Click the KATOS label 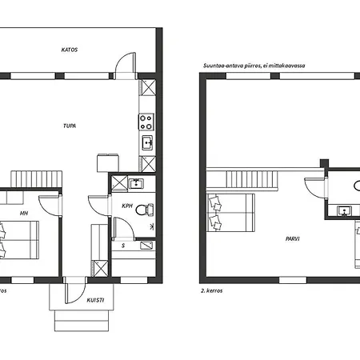coord(70,50)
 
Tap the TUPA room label coord(70,126)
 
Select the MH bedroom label coord(24,213)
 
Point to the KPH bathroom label coord(127,206)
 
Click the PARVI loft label coord(293,239)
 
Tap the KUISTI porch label coord(95,300)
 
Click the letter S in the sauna coord(123,246)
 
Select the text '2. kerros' coord(212,290)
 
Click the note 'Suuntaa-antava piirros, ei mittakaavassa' coord(254,66)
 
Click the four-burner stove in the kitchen coord(146,122)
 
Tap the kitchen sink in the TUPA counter coord(147,142)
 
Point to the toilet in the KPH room coord(144,210)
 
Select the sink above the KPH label coord(136,183)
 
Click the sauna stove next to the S coord(146,246)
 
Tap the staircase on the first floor coord(37,179)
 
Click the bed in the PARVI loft coord(230,213)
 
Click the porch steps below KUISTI coord(82,321)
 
